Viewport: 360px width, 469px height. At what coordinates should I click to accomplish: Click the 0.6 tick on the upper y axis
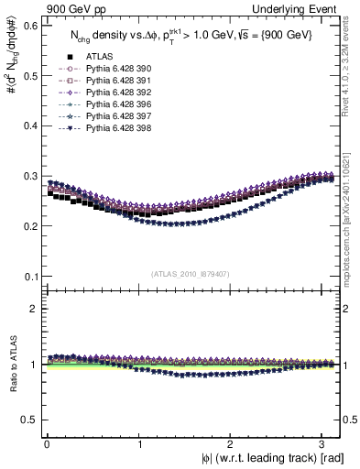tap(29, 25)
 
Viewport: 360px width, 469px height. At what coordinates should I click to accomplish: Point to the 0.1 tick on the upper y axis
tap(29, 277)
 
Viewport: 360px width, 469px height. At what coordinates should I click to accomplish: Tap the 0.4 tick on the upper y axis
tap(29, 125)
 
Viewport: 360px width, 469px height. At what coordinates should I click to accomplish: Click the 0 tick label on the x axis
tap(48, 444)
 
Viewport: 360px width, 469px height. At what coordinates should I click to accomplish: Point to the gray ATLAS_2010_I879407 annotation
tap(191, 272)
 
